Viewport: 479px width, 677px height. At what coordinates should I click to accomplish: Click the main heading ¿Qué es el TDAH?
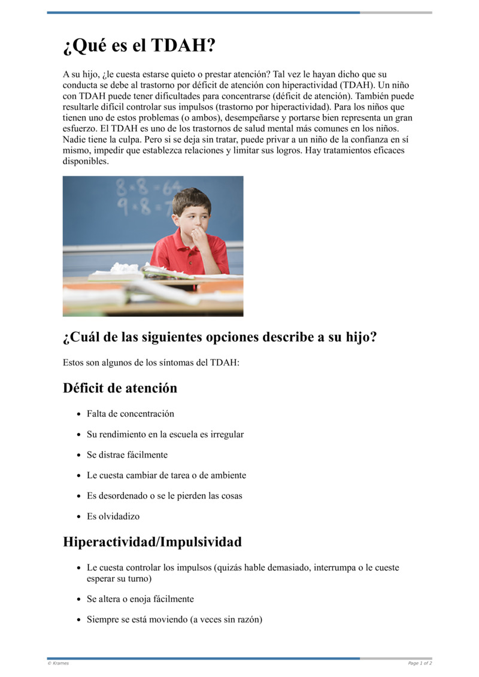pyautogui.click(x=139, y=46)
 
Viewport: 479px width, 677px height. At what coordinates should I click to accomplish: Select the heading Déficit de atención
pyautogui.click(x=120, y=388)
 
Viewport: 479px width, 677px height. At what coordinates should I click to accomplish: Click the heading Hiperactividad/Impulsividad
pyautogui.click(x=152, y=542)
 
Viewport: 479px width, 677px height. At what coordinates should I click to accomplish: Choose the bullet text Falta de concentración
pyautogui.click(x=131, y=413)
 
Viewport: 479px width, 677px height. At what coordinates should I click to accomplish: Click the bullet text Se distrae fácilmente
pyautogui.click(x=127, y=455)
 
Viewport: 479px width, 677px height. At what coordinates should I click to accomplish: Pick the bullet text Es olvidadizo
pyautogui.click(x=113, y=516)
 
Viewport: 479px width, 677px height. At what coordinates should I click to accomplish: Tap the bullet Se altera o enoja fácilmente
pyautogui.click(x=140, y=599)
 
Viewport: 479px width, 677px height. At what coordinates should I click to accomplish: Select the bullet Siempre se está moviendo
pyautogui.click(x=174, y=619)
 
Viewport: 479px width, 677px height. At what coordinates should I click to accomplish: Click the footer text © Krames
pyautogui.click(x=58, y=663)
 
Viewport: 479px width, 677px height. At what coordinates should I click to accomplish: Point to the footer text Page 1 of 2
pyautogui.click(x=420, y=663)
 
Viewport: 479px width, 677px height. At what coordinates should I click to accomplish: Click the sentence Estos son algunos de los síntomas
pyautogui.click(x=151, y=362)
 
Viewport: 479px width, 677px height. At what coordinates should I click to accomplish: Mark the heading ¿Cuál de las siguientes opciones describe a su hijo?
pyautogui.click(x=220, y=337)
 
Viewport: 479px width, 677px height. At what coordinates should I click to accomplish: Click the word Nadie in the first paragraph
pyautogui.click(x=75, y=140)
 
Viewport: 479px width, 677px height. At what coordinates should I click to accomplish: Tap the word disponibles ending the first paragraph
pyautogui.click(x=86, y=161)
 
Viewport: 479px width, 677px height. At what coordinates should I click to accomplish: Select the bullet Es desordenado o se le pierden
pyautogui.click(x=165, y=495)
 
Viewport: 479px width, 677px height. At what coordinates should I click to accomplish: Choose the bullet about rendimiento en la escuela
pyautogui.click(x=165, y=434)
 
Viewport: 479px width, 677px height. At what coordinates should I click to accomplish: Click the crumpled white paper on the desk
pyautogui.click(x=125, y=268)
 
